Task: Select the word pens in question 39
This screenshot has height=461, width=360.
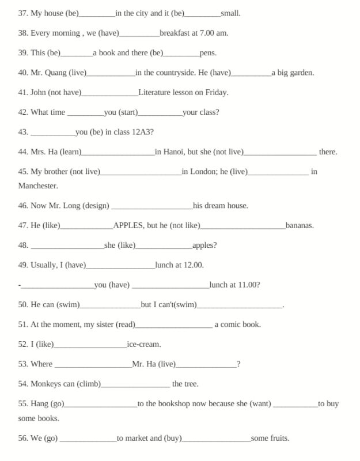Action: pos(208,53)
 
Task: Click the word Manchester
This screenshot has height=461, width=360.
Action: pos(38,186)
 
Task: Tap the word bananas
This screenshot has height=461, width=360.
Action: pos(300,225)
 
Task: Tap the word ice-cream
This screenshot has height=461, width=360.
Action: pos(143,345)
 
